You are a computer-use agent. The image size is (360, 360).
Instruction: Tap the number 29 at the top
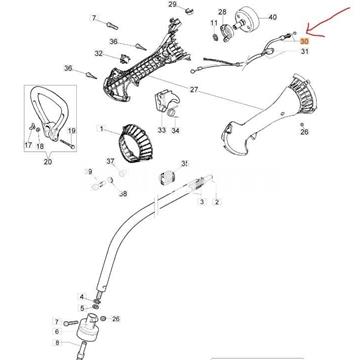point(171,5)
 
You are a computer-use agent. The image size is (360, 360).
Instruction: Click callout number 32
point(98,54)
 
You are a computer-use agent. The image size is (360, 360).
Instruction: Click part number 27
point(194,91)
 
